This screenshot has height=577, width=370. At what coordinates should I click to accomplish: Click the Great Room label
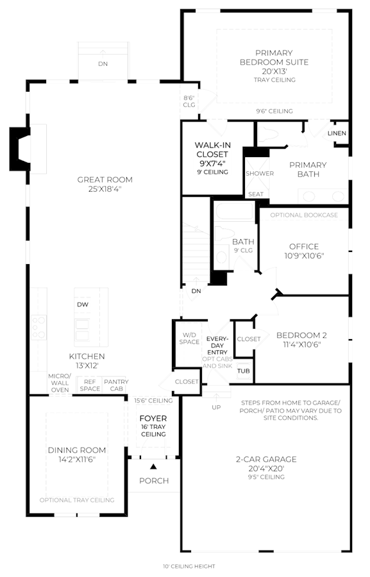click(x=105, y=180)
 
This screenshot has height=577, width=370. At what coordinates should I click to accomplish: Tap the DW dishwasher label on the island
click(x=83, y=305)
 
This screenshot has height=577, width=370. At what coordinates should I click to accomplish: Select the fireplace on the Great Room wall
click(x=21, y=149)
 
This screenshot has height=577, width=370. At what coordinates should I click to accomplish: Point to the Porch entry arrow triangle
click(x=153, y=467)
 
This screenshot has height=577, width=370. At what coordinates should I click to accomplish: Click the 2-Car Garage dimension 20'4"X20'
click(x=266, y=469)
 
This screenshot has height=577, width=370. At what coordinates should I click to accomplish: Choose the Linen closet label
click(x=337, y=133)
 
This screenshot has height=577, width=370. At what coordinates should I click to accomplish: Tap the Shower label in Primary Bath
click(x=260, y=173)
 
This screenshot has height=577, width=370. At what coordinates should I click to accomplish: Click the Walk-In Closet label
click(x=212, y=150)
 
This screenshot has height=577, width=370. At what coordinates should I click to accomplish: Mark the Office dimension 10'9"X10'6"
click(x=304, y=256)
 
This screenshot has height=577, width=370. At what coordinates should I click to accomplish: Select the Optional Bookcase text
click(x=304, y=215)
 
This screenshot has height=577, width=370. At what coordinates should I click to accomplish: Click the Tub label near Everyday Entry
click(x=243, y=371)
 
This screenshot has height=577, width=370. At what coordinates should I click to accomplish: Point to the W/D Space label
click(x=189, y=339)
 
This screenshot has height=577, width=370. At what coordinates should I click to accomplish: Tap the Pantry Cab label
click(x=116, y=385)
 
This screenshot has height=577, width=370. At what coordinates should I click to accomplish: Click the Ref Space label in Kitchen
click(x=90, y=385)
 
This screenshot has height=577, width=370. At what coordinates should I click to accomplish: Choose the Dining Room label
click(x=77, y=450)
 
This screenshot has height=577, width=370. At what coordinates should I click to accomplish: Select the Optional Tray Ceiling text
click(x=77, y=500)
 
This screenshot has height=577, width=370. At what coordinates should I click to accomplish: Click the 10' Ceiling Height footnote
click(x=189, y=566)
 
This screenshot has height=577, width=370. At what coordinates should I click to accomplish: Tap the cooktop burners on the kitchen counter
click(x=38, y=327)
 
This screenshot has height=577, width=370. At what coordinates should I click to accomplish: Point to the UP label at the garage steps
click(x=217, y=407)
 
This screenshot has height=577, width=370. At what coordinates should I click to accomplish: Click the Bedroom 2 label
click(x=301, y=335)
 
